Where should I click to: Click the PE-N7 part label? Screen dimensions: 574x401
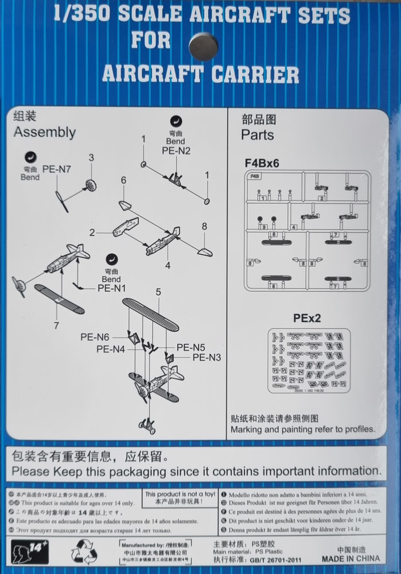(56, 169)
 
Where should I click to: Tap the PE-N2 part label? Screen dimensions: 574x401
(176, 151)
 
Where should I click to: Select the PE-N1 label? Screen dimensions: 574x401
(111, 288)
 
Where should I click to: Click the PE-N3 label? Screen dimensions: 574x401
(207, 357)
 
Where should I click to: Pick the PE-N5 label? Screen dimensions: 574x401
(191, 347)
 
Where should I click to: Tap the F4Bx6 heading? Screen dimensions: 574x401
(262, 162)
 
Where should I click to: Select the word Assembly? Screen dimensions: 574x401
(45, 132)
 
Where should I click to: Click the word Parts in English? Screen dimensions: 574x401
(258, 135)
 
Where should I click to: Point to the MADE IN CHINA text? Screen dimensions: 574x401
(350, 558)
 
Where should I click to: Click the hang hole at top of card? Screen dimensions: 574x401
(203, 46)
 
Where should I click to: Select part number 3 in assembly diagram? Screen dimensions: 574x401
(91, 157)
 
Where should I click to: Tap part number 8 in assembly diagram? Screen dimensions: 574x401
(204, 226)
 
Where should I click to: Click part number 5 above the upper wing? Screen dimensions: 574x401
(158, 292)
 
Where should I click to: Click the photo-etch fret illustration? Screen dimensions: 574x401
(309, 360)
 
